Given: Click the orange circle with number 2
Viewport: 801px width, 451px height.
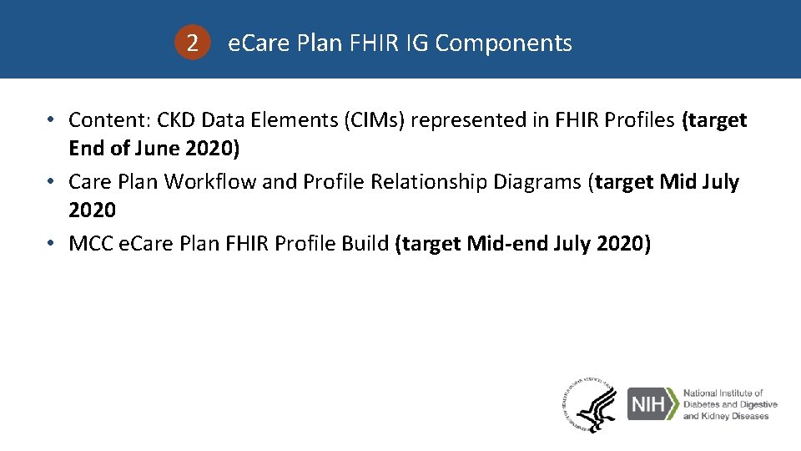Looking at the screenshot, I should click(x=193, y=43).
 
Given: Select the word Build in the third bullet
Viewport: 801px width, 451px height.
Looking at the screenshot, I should click(x=365, y=243).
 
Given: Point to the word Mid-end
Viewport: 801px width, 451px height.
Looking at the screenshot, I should click(x=506, y=243).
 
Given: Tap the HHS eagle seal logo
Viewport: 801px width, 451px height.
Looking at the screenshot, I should click(x=589, y=405).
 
